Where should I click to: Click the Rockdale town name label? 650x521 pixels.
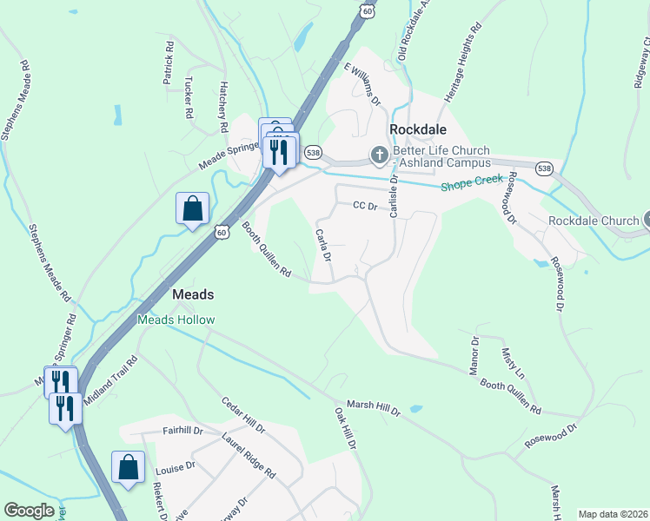pyautogui.click(x=418, y=129)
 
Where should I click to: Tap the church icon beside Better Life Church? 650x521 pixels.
pyautogui.click(x=379, y=155)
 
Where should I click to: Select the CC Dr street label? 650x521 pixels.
pyautogui.click(x=366, y=206)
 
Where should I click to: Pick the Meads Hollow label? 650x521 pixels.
pyautogui.click(x=176, y=320)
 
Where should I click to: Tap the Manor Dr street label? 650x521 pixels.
pyautogui.click(x=474, y=356)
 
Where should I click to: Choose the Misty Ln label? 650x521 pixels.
pyautogui.click(x=513, y=363)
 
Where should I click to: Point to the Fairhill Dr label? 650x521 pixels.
pyautogui.click(x=182, y=431)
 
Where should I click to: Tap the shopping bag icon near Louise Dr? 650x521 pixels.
pyautogui.click(x=129, y=467)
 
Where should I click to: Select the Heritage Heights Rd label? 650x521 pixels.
pyautogui.click(x=463, y=64)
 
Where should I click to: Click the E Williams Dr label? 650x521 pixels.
pyautogui.click(x=362, y=83)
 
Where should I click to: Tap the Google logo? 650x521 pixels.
pyautogui.click(x=29, y=511)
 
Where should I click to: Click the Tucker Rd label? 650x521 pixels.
pyautogui.click(x=189, y=96)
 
